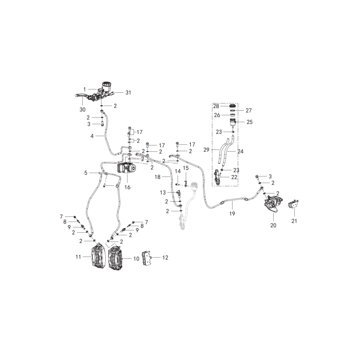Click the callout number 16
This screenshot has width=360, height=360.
click(127, 187)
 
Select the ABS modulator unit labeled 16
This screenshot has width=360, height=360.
click(127, 168)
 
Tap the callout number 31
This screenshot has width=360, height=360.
click(128, 93)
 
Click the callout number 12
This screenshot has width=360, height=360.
click(165, 257)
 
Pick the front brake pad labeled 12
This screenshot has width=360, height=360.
click(147, 257)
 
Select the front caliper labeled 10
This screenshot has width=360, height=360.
click(116, 257)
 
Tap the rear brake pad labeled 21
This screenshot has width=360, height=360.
click(293, 204)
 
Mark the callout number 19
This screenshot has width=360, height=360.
click(232, 213)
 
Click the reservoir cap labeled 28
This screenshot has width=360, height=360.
click(233, 106)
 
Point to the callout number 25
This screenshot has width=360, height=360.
click(250, 122)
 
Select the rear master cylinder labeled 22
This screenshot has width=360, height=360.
click(217, 178)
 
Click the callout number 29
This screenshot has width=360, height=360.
click(207, 150)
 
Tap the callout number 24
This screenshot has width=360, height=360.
click(240, 151)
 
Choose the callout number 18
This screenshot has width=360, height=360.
click(157, 177)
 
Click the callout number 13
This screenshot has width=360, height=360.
click(163, 193)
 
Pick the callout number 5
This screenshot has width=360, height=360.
click(85, 173)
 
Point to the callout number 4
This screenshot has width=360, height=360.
click(92, 136)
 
